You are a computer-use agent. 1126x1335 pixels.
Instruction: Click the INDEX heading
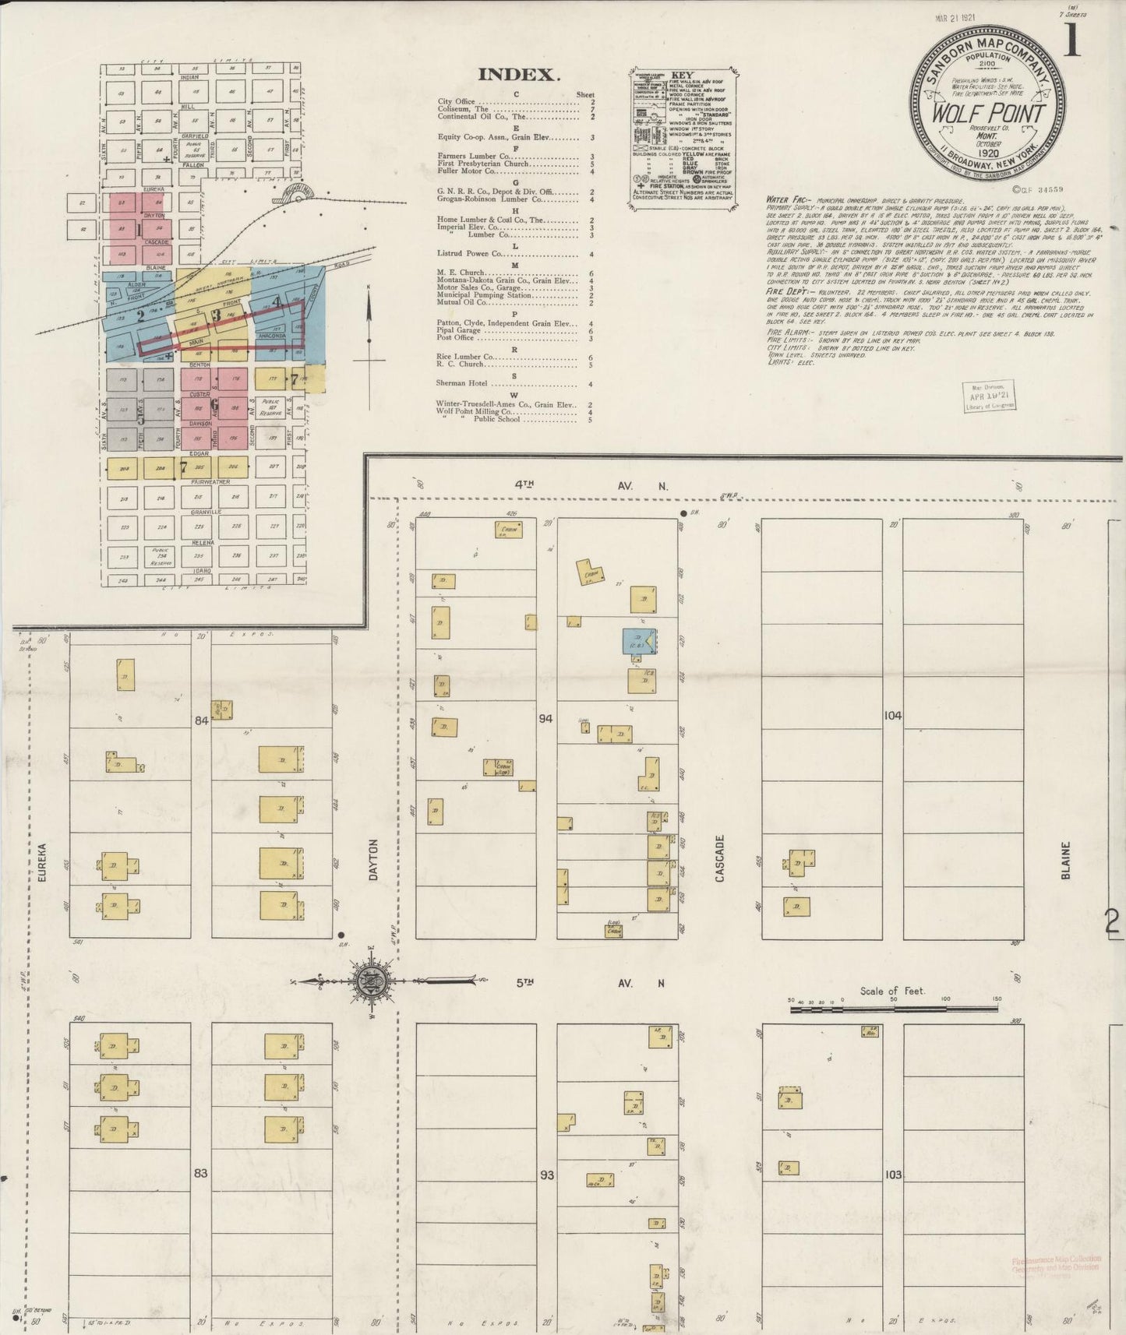(518, 75)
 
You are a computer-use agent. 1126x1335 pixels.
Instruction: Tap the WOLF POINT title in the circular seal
(989, 114)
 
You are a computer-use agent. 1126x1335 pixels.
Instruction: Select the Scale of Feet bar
(892, 1009)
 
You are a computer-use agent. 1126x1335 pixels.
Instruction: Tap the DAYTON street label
(372, 859)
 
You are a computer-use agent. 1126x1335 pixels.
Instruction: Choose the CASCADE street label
(720, 859)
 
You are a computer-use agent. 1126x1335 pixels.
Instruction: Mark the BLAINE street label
(1065, 860)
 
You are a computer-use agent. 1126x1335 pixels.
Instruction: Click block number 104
(892, 715)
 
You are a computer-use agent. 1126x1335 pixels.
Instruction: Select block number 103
(893, 1174)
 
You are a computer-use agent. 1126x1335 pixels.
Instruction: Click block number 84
(202, 720)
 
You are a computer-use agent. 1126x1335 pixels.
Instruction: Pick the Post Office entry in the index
(457, 338)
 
